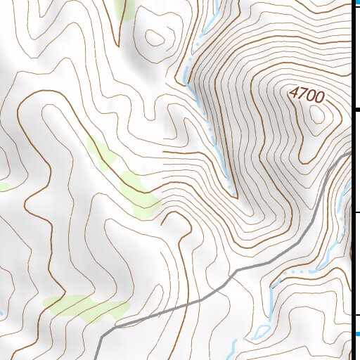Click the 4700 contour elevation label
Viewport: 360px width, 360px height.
tap(307, 94)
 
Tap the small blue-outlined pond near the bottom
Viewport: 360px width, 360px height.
tap(262, 330)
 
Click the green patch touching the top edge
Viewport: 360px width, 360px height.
tap(125, 8)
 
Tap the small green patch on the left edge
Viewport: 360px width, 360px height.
tap(4, 186)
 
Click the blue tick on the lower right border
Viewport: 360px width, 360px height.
tap(356, 333)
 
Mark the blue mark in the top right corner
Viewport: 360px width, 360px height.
tap(356, 3)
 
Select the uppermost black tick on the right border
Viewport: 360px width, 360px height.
tap(356, 110)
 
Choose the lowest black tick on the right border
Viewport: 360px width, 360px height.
tap(356, 314)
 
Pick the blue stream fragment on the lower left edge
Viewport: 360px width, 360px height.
tap(2, 312)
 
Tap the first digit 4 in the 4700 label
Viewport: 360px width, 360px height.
tap(293, 90)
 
